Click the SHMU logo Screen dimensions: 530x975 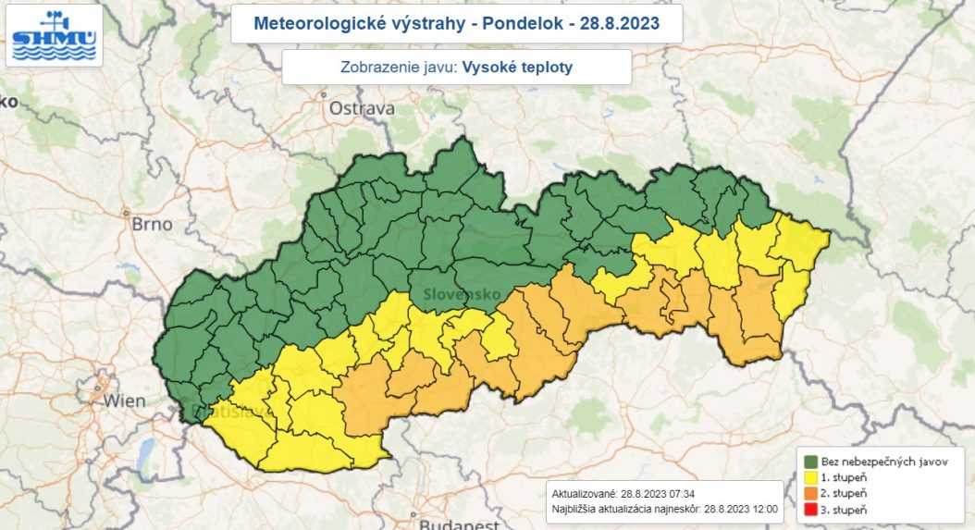coord(54,35)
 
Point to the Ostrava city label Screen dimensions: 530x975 coord(362,108)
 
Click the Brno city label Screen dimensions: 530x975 coord(153,223)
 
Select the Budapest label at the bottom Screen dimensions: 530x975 coord(455,524)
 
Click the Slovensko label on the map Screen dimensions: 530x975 coord(463,294)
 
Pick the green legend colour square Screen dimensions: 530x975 coord(810,461)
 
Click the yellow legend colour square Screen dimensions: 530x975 coord(810,477)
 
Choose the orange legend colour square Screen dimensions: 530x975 coord(810,494)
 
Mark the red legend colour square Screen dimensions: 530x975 coord(810,511)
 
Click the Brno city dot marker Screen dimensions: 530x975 coord(127,212)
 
